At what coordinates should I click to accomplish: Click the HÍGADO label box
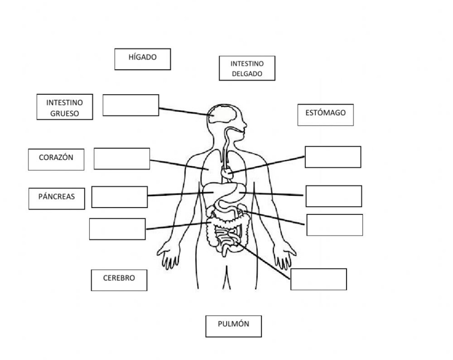(142, 59)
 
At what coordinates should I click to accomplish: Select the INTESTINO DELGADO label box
(247, 68)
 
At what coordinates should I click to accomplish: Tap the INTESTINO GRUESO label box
(64, 107)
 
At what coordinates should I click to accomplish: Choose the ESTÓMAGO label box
(325, 115)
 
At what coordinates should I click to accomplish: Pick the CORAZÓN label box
(56, 159)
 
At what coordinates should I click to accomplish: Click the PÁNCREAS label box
(57, 198)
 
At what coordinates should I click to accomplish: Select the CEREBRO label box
(119, 280)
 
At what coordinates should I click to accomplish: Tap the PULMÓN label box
(233, 326)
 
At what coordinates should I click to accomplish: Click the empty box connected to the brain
(130, 105)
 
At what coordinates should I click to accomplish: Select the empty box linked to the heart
(333, 157)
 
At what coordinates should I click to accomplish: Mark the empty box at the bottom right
(318, 279)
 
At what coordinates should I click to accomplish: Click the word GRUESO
(65, 114)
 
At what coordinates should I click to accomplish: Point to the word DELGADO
(247, 73)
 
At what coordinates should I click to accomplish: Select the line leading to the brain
(184, 111)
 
